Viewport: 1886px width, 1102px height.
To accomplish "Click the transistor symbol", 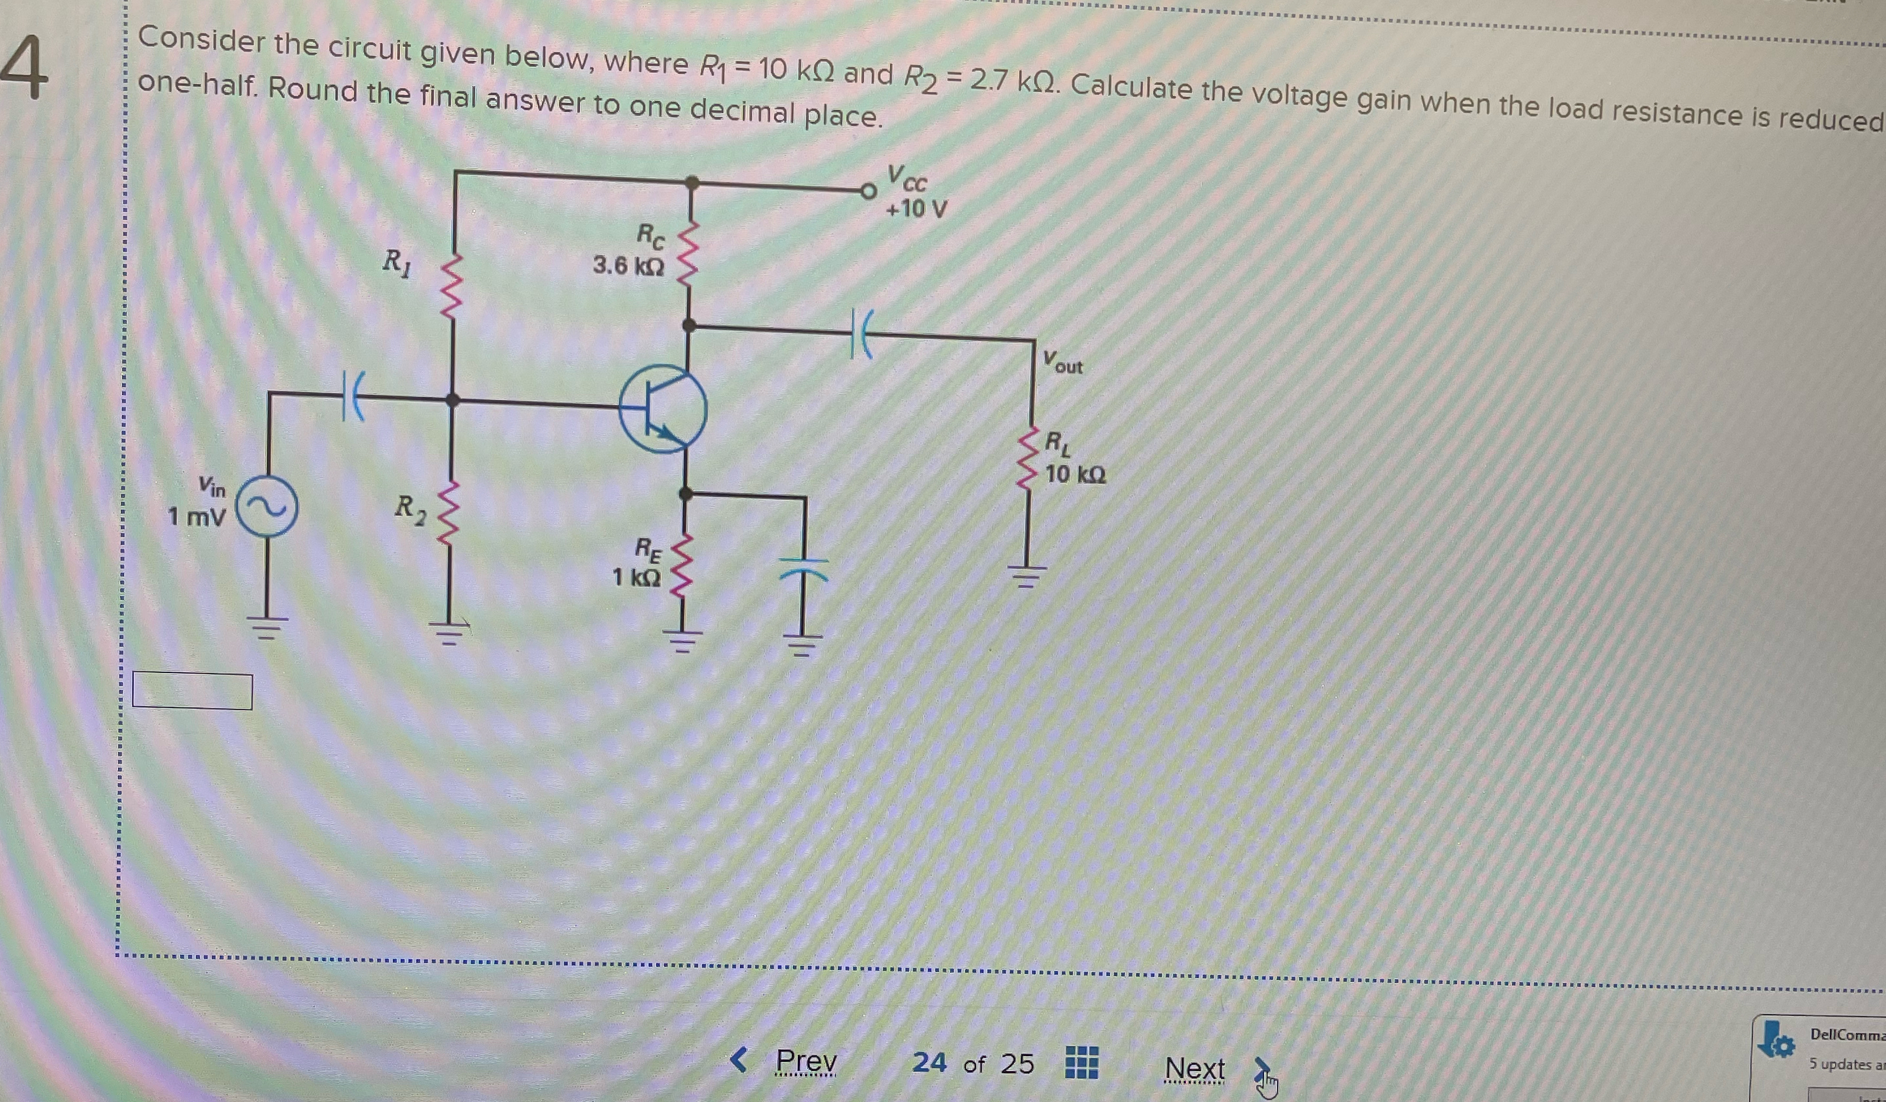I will tap(663, 409).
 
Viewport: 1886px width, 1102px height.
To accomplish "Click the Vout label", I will tap(1063, 363).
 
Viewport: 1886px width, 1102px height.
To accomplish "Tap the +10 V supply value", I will tap(916, 209).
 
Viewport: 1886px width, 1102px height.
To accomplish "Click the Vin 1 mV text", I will tap(198, 502).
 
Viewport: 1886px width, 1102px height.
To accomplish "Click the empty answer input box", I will tap(192, 691).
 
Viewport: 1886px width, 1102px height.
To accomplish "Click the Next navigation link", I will tap(1194, 1067).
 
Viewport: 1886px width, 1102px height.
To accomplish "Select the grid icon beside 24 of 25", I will tap(1082, 1062).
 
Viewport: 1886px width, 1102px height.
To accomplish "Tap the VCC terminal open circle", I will tap(868, 192).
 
